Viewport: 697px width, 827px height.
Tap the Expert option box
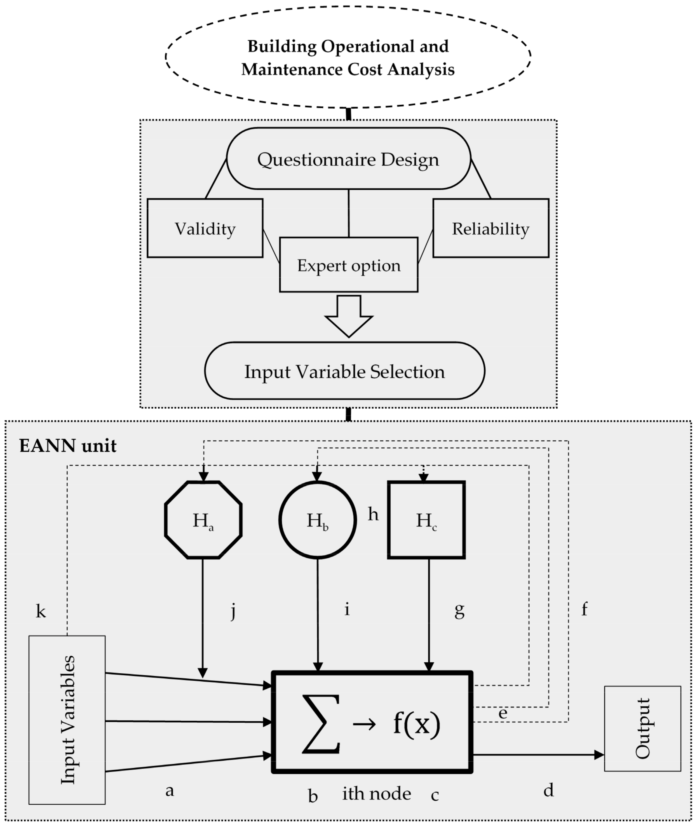349,265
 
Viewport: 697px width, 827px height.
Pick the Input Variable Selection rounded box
344,371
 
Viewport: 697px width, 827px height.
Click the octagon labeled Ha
203,520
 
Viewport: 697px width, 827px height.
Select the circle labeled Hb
318,520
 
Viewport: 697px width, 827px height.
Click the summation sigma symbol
321,724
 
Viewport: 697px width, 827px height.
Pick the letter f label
585,609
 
